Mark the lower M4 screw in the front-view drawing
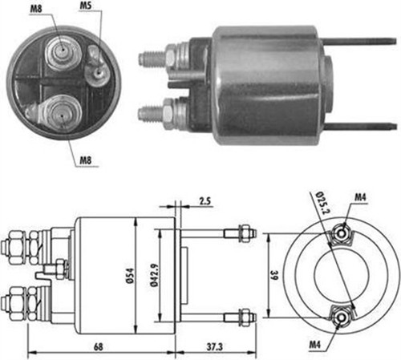(x=342, y=316)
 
